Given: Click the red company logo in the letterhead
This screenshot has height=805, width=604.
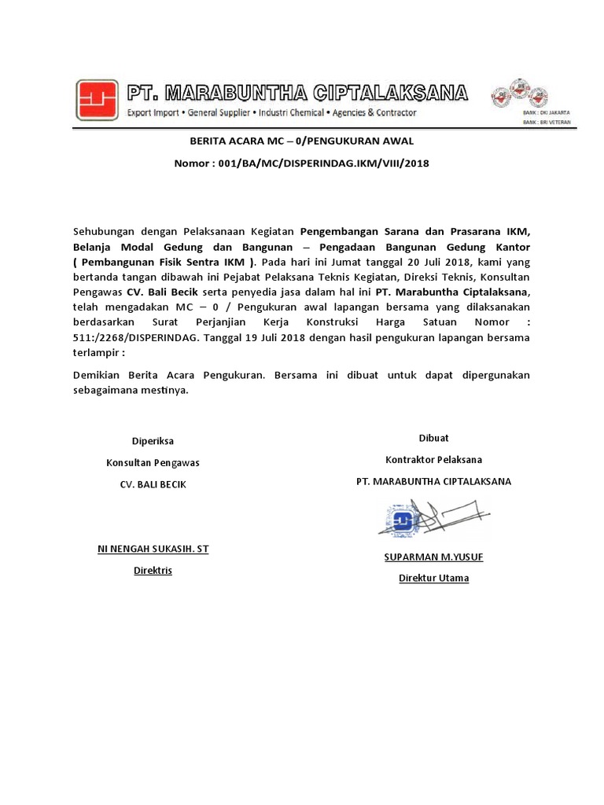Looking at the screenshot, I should coord(98,101).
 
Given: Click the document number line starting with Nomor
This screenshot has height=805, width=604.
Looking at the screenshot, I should coord(301,163).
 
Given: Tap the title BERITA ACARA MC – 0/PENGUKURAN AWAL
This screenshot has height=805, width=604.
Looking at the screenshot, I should coord(301,141).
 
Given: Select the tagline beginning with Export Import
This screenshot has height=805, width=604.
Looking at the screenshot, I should coord(272,112).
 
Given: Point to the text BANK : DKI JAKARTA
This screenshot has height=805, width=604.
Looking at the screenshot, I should coord(547,112).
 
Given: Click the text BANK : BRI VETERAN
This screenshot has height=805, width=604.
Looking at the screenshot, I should coord(547,123).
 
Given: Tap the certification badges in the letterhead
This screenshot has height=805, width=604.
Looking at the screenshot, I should coord(518,94).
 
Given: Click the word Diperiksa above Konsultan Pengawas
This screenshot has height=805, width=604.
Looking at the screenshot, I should coord(153,441).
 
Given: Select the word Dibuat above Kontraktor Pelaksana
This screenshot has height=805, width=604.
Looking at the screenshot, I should coord(433,438).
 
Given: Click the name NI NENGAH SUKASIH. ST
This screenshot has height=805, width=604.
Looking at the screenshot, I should coord(153,549).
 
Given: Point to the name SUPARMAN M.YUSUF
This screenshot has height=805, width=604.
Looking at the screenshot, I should coord(433,557).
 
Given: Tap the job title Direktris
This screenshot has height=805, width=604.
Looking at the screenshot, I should coord(153,570).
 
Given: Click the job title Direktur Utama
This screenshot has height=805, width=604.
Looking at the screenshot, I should coord(433,578).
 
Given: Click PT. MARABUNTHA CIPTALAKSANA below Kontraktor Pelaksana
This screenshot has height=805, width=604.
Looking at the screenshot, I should coord(433,481).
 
